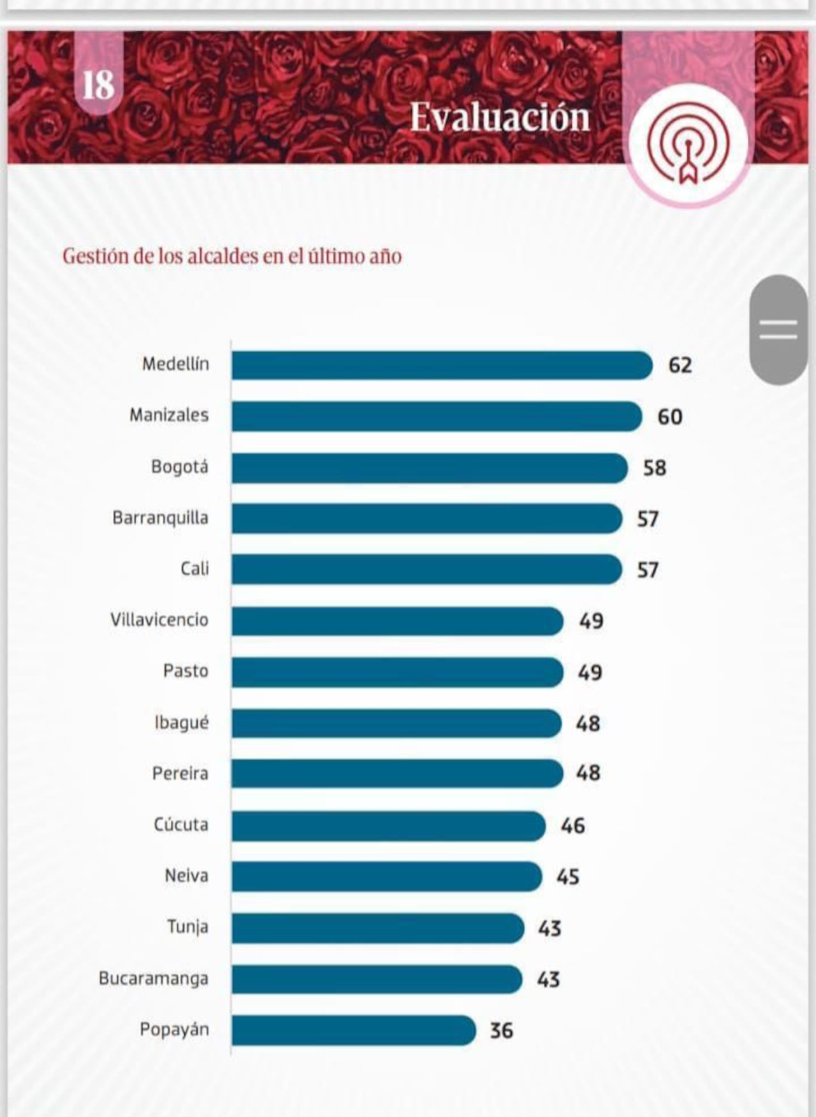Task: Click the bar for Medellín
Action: [441, 366]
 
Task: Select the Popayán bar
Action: [353, 1030]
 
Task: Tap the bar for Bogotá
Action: [429, 468]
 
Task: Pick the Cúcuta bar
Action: [388, 825]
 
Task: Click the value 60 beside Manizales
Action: [670, 417]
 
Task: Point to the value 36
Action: [501, 1030]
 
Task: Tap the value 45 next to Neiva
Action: [568, 877]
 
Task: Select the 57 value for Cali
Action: [648, 570]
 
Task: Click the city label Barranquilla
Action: [160, 517]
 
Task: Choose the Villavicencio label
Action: [159, 619]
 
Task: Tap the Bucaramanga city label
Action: [153, 979]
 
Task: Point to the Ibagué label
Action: [181, 723]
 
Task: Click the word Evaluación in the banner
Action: [500, 117]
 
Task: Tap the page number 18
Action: [98, 85]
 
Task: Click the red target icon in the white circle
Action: [688, 144]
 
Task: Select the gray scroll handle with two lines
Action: [778, 330]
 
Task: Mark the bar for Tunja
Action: [377, 928]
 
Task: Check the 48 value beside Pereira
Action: [588, 773]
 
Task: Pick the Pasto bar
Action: [397, 672]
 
